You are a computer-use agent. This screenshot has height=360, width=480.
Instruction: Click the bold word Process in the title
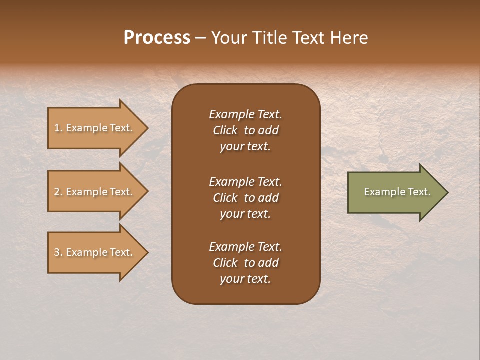tap(157, 38)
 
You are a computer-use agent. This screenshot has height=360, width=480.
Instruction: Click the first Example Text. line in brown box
tap(245, 114)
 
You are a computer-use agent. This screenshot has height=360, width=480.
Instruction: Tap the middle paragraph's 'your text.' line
tap(245, 214)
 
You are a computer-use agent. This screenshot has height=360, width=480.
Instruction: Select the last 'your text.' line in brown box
tap(245, 279)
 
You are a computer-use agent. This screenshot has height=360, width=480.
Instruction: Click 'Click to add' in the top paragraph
tap(245, 130)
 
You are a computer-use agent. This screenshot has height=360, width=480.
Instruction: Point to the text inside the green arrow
tap(397, 192)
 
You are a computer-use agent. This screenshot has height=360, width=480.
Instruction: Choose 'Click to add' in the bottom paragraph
tap(245, 263)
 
